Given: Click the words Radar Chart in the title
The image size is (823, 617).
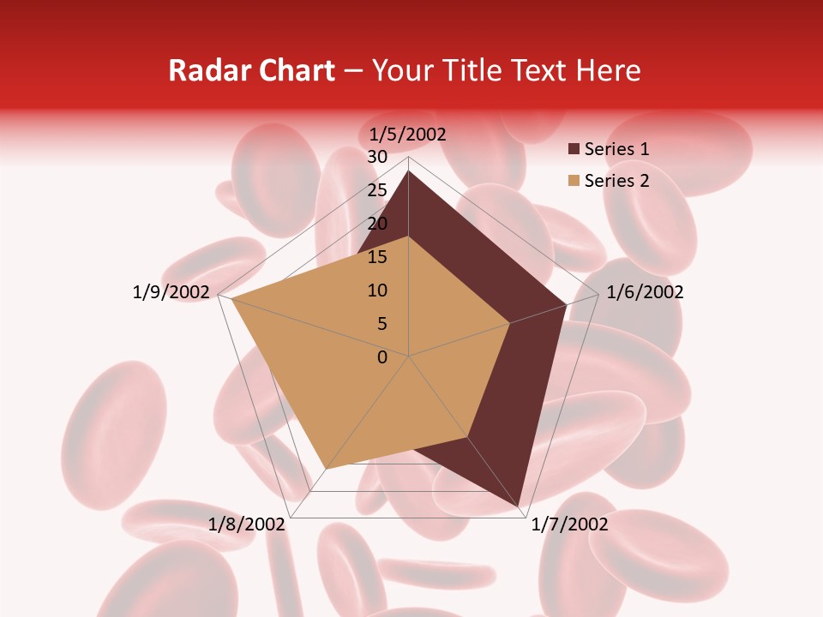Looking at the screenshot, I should (x=251, y=70).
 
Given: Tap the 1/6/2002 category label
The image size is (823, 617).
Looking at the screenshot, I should (x=645, y=292).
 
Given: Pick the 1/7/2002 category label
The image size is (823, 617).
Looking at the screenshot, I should (x=569, y=524).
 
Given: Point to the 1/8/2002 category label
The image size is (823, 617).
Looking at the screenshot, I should (x=247, y=524).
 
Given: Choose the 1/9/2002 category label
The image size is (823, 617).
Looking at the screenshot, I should (x=171, y=292).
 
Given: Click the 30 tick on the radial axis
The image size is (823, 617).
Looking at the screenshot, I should (x=377, y=157).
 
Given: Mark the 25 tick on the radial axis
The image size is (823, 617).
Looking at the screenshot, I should (x=377, y=190).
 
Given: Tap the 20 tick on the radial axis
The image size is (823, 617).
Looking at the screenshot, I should (x=377, y=224).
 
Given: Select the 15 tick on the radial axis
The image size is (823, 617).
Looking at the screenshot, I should (x=377, y=257).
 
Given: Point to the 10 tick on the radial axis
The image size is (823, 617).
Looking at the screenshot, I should (x=377, y=291).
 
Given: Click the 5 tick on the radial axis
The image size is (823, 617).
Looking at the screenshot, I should (x=381, y=324).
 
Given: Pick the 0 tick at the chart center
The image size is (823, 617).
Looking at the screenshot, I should (x=382, y=357).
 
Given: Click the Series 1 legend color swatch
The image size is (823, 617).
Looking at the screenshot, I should (x=574, y=149).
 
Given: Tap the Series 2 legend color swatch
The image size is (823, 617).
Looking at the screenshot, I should (x=574, y=181).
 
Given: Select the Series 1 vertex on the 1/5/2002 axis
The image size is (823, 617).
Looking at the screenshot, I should (x=408, y=171).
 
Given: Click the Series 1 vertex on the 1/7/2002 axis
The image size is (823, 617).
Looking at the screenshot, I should (x=520, y=506).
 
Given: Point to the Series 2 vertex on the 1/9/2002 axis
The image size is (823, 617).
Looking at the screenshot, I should (x=231, y=299).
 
